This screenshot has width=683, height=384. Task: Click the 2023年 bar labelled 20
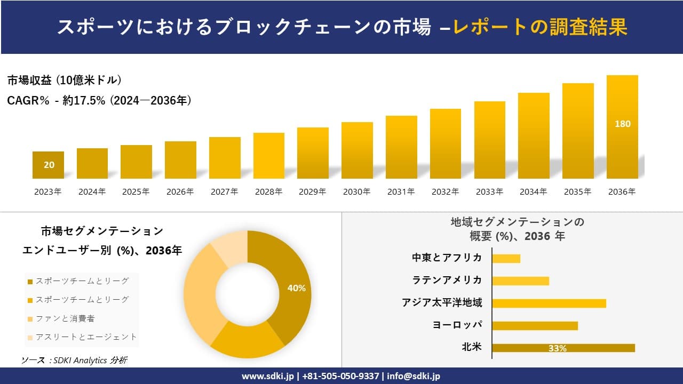pyautogui.click(x=48, y=165)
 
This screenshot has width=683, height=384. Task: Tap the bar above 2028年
pyautogui.click(x=268, y=156)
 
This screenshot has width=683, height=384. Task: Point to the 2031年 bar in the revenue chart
pyautogui.click(x=401, y=147)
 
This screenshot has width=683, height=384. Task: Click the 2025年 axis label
pyautogui.click(x=136, y=192)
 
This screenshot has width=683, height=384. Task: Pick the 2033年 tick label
pyautogui.click(x=489, y=192)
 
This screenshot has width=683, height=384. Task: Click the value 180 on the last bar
pyautogui.click(x=622, y=124)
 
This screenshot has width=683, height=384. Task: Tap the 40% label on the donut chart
pyautogui.click(x=296, y=288)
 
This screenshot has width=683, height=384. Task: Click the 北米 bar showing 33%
pyautogui.click(x=563, y=348)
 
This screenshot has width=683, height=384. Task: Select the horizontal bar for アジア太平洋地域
pyautogui.click(x=549, y=303)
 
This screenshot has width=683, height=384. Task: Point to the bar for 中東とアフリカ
pyautogui.click(x=506, y=258)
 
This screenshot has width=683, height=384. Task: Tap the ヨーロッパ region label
pyautogui.click(x=457, y=325)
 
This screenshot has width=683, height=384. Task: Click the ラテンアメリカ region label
pyautogui.click(x=447, y=281)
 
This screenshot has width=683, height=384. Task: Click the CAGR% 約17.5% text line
pyautogui.click(x=99, y=100)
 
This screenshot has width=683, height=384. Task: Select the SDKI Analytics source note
pyautogui.click(x=74, y=361)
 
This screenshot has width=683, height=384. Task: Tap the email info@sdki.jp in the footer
pyautogui.click(x=414, y=376)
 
